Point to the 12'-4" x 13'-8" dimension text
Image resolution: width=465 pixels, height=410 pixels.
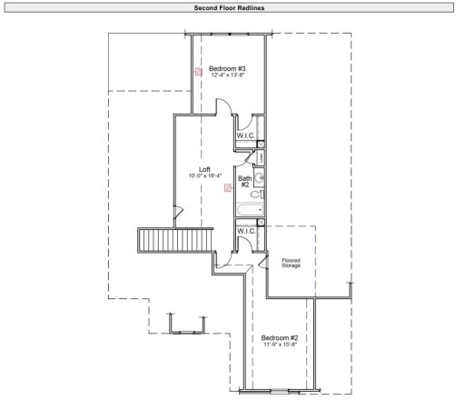coord(227,76)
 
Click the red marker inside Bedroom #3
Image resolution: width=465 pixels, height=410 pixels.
coord(198,72)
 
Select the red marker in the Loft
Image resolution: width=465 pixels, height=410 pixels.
coord(227,189)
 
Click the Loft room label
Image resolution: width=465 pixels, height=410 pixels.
coord(204,169)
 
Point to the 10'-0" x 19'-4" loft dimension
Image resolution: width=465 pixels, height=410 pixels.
coord(205,176)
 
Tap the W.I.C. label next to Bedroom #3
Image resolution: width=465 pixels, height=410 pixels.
coord(245,135)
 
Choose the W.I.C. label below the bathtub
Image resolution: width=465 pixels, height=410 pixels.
coord(245,232)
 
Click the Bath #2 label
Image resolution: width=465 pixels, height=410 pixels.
coord(245,182)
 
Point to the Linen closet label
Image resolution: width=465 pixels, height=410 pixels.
coord(260,159)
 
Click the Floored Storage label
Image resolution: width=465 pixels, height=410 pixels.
coord(291,264)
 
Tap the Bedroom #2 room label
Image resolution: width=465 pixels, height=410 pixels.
coord(281,337)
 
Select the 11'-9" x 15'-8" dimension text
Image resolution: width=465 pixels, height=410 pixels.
coord(281,345)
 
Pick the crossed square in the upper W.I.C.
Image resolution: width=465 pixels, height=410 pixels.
coord(261,144)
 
